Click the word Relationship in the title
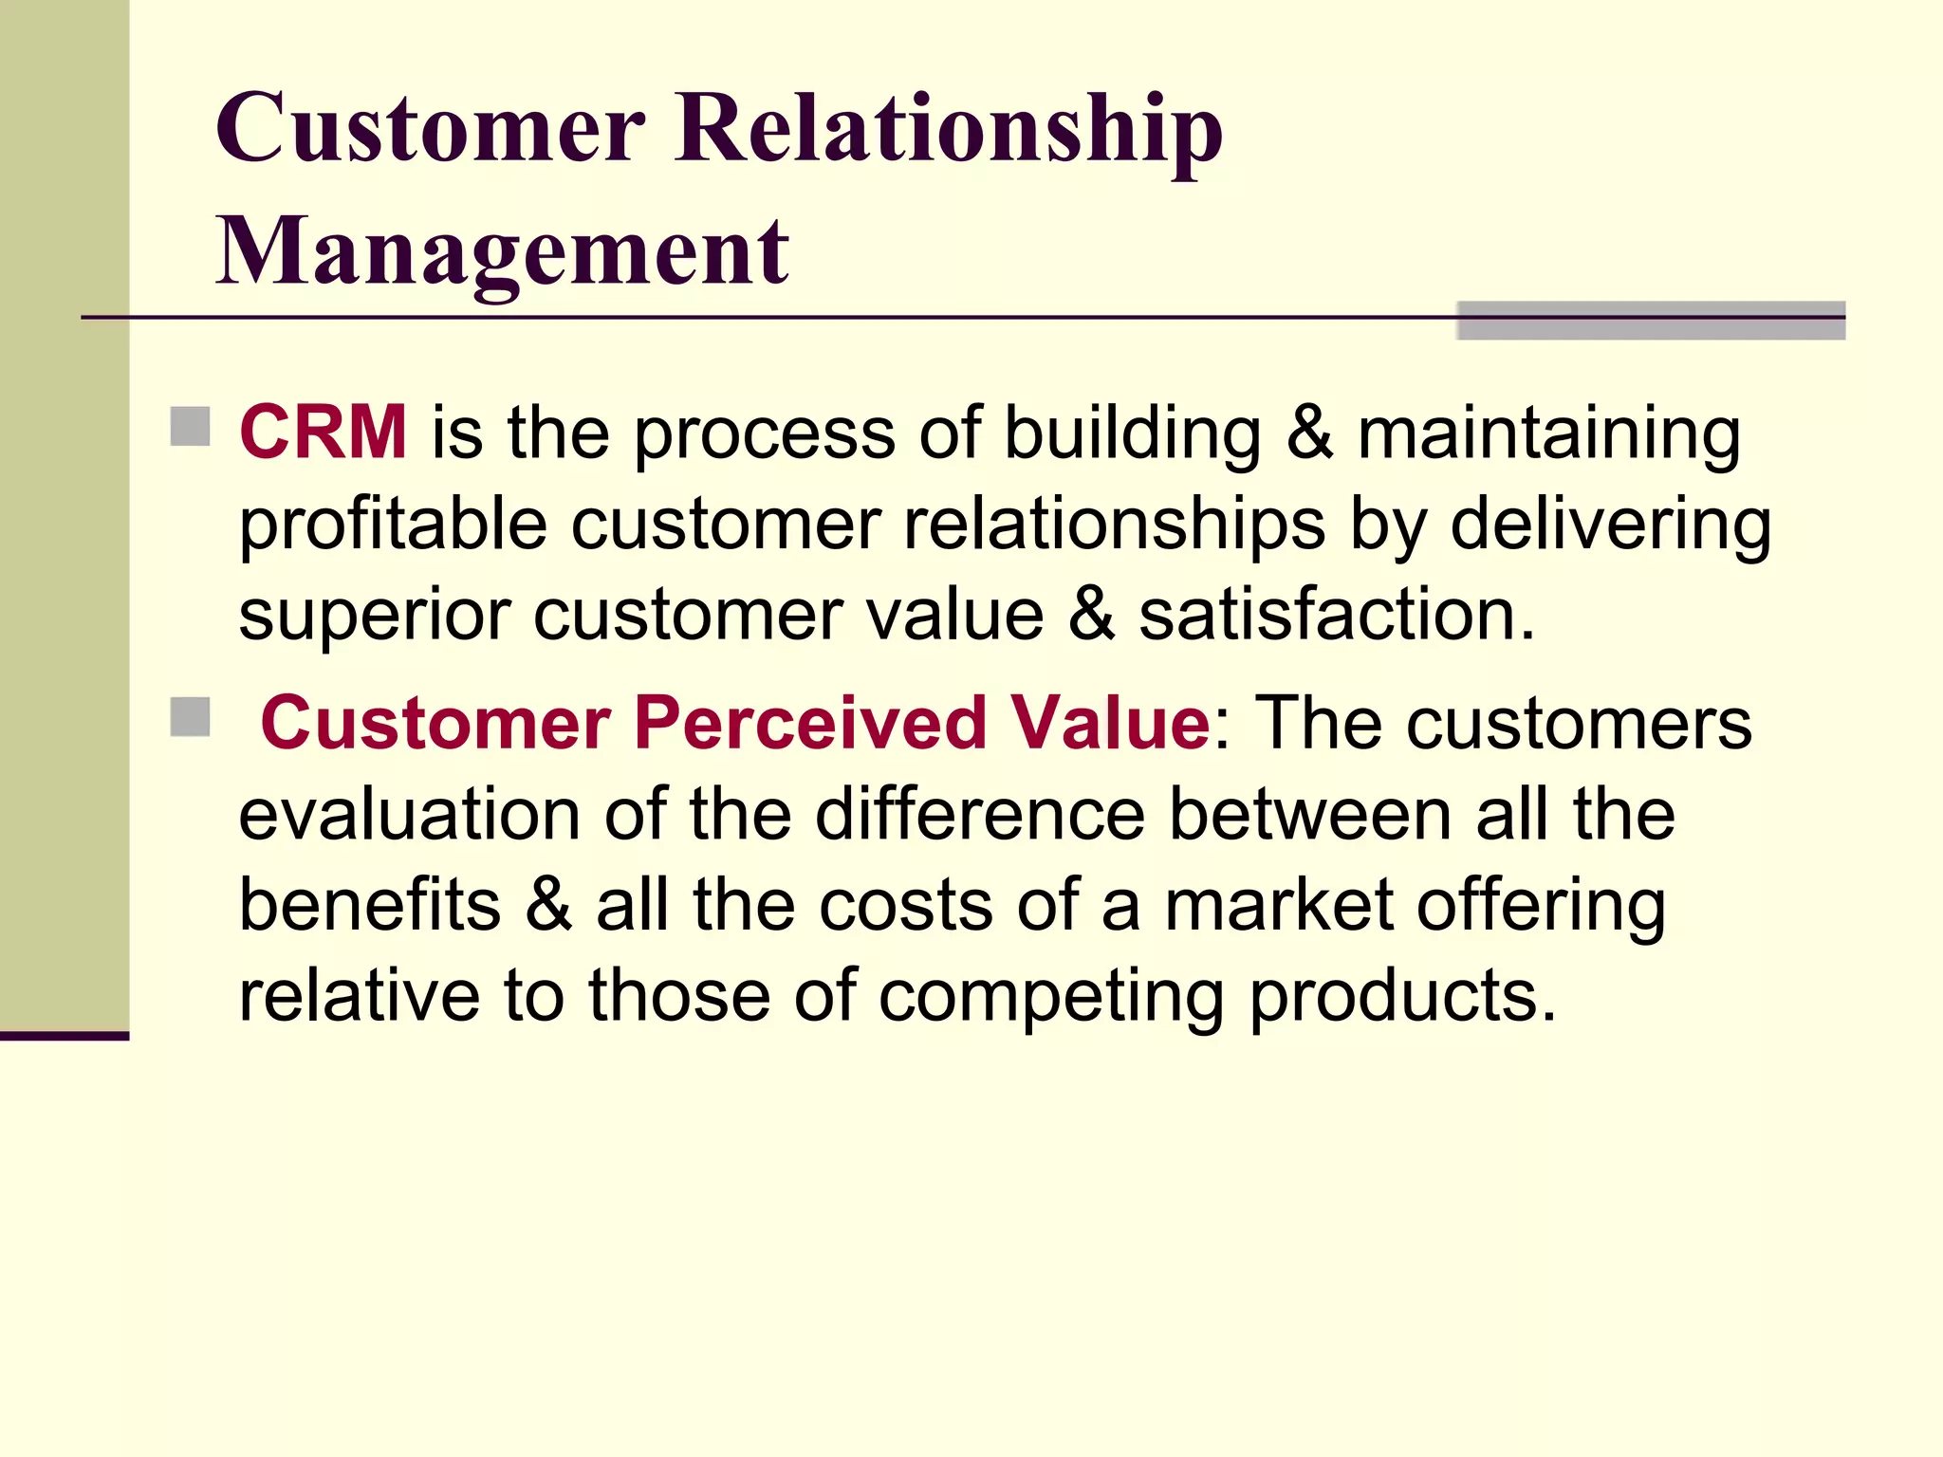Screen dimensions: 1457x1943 click(x=949, y=129)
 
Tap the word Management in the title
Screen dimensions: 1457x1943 click(x=502, y=250)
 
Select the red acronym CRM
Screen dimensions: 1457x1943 click(x=324, y=432)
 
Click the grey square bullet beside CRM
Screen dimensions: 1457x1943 click(x=190, y=427)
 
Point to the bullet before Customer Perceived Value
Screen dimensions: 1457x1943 click(x=190, y=717)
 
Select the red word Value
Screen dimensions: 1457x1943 click(x=1109, y=723)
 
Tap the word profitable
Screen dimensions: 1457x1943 click(x=393, y=525)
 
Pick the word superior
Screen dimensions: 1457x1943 click(x=376, y=617)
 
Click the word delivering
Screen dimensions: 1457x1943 click(x=1610, y=525)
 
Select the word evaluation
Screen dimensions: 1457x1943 click(x=409, y=814)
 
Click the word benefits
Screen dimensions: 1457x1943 click(x=370, y=905)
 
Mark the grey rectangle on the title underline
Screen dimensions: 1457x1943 click(x=1651, y=321)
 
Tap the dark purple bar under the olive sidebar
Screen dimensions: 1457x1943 click(x=64, y=1036)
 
